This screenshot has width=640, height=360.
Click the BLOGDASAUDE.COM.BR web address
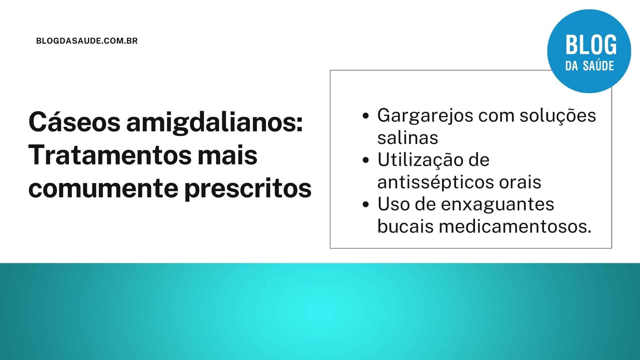coord(87,41)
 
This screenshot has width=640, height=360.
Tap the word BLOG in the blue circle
coord(591,45)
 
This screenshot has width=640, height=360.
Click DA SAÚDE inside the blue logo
coord(589,66)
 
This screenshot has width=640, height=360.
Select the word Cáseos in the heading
coord(74,122)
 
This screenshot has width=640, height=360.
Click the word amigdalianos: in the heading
coord(214,122)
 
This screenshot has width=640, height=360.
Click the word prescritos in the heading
coord(248,188)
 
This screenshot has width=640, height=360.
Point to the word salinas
coord(407,138)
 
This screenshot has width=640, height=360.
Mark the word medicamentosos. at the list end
coord(515,227)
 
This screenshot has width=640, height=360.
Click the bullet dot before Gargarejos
coord(366,116)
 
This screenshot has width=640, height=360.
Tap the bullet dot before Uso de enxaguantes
coord(366,205)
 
